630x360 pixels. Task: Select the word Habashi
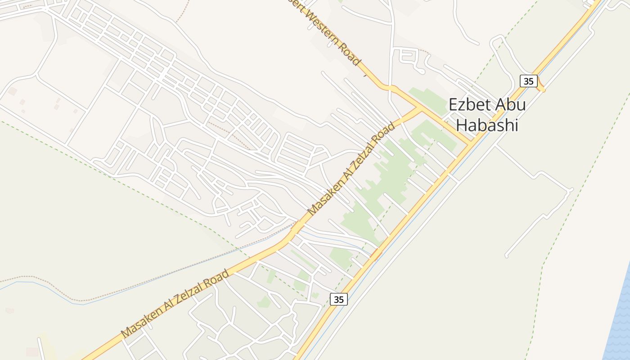(x=487, y=126)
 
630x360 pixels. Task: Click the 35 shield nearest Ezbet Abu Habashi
(x=528, y=81)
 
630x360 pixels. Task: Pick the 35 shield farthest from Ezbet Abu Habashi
(x=338, y=299)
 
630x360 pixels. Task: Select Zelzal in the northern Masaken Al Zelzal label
(x=367, y=150)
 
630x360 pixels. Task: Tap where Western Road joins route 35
(x=470, y=144)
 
